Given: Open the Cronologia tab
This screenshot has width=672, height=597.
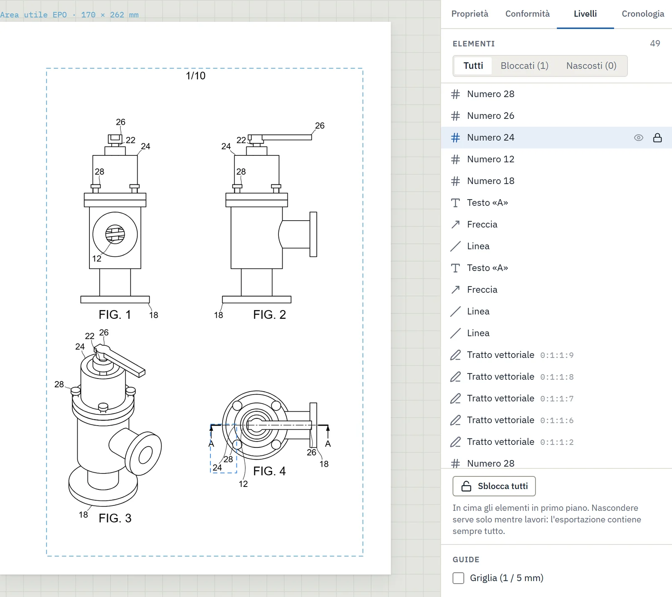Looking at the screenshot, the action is pyautogui.click(x=643, y=14).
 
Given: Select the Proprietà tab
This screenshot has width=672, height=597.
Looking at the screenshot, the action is pyautogui.click(x=470, y=14).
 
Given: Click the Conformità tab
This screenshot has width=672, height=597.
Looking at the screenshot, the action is pyautogui.click(x=527, y=14).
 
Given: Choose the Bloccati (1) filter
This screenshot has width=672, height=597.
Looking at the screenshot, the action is pyautogui.click(x=524, y=66).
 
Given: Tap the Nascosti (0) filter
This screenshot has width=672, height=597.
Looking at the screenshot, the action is pyautogui.click(x=591, y=66).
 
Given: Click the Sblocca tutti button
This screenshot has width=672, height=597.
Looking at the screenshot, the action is pyautogui.click(x=494, y=486).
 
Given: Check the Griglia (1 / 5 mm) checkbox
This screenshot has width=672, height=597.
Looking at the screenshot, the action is pyautogui.click(x=458, y=578).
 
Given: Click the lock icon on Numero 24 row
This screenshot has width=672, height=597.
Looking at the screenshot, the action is pyautogui.click(x=657, y=138).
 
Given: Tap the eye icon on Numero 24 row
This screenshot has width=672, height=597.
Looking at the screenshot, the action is pyautogui.click(x=638, y=138).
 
